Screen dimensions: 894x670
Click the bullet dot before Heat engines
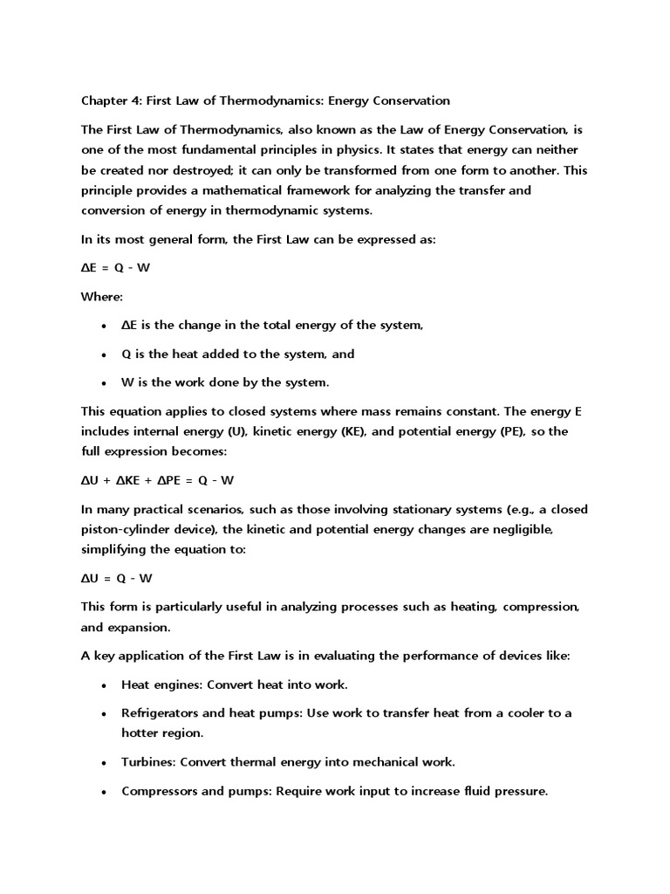[104, 685]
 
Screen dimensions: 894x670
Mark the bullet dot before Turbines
[104, 763]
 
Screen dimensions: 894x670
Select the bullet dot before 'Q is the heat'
[104, 354]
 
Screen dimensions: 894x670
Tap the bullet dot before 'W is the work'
[104, 383]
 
